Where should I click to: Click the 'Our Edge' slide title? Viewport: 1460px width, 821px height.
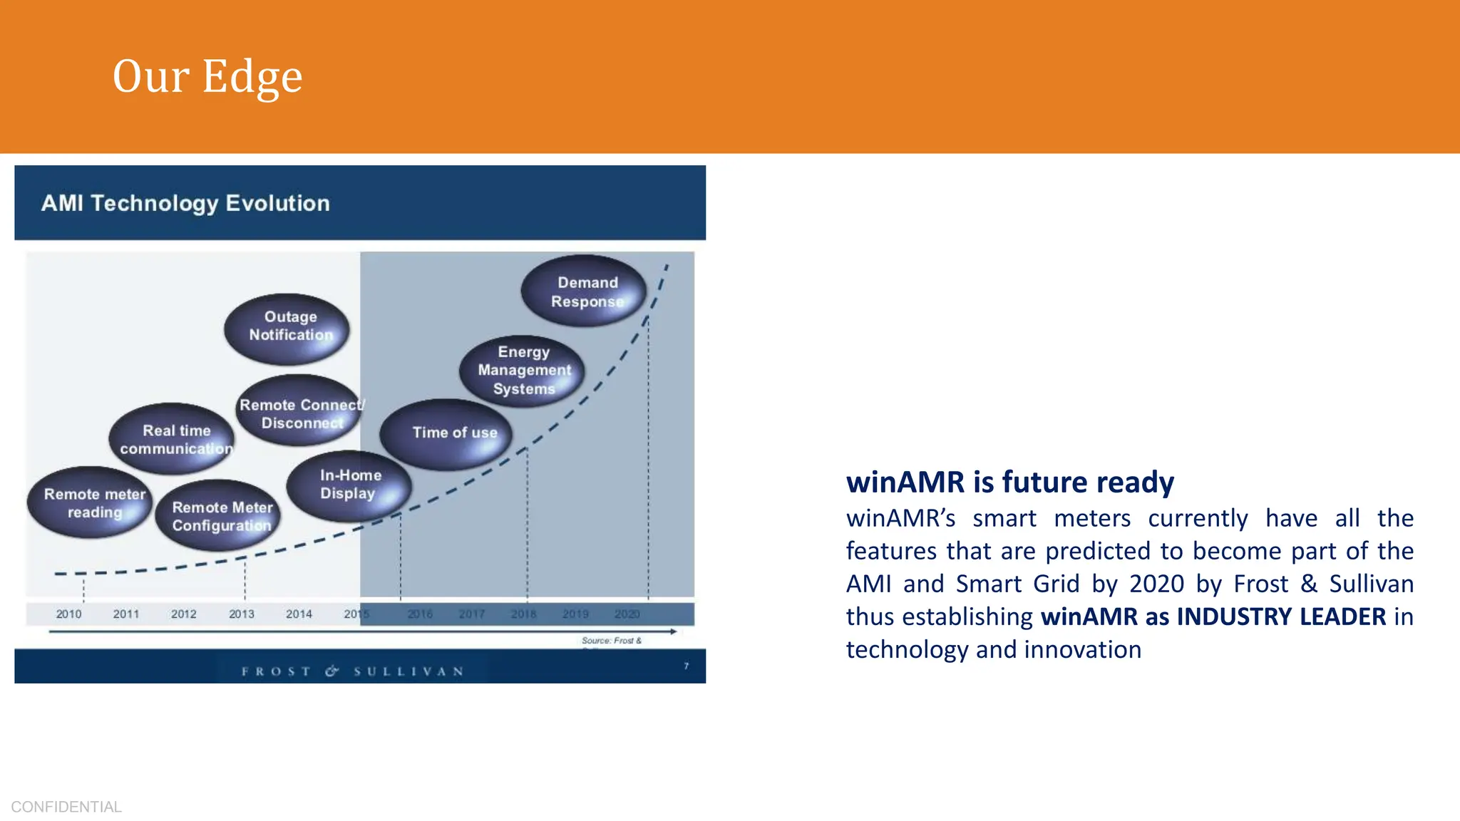click(207, 76)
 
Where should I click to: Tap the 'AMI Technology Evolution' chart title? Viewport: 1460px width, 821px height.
click(185, 203)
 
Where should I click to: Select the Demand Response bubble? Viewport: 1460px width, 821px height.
click(585, 291)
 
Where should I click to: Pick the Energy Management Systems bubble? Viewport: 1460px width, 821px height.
click(523, 371)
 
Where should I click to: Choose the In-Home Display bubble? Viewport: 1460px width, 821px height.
click(349, 485)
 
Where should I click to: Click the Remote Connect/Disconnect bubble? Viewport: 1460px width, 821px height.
click(299, 412)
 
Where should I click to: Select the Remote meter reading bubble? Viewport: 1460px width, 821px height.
click(91, 503)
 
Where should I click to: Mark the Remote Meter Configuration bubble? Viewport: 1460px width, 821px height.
click(220, 516)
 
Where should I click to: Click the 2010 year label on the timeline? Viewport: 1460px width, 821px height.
click(68, 614)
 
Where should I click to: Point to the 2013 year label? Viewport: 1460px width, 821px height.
click(242, 614)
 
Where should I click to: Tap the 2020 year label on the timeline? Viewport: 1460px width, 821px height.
click(627, 614)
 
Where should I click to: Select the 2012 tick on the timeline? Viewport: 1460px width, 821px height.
click(184, 614)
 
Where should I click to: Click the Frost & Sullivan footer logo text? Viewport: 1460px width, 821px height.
click(353, 671)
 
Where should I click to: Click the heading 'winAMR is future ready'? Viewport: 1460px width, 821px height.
click(1009, 482)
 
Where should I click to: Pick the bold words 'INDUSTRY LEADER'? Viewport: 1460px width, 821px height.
click(1281, 616)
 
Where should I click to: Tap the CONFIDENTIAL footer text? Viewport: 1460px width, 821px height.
click(66, 807)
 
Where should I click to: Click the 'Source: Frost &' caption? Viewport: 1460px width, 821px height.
click(612, 641)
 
